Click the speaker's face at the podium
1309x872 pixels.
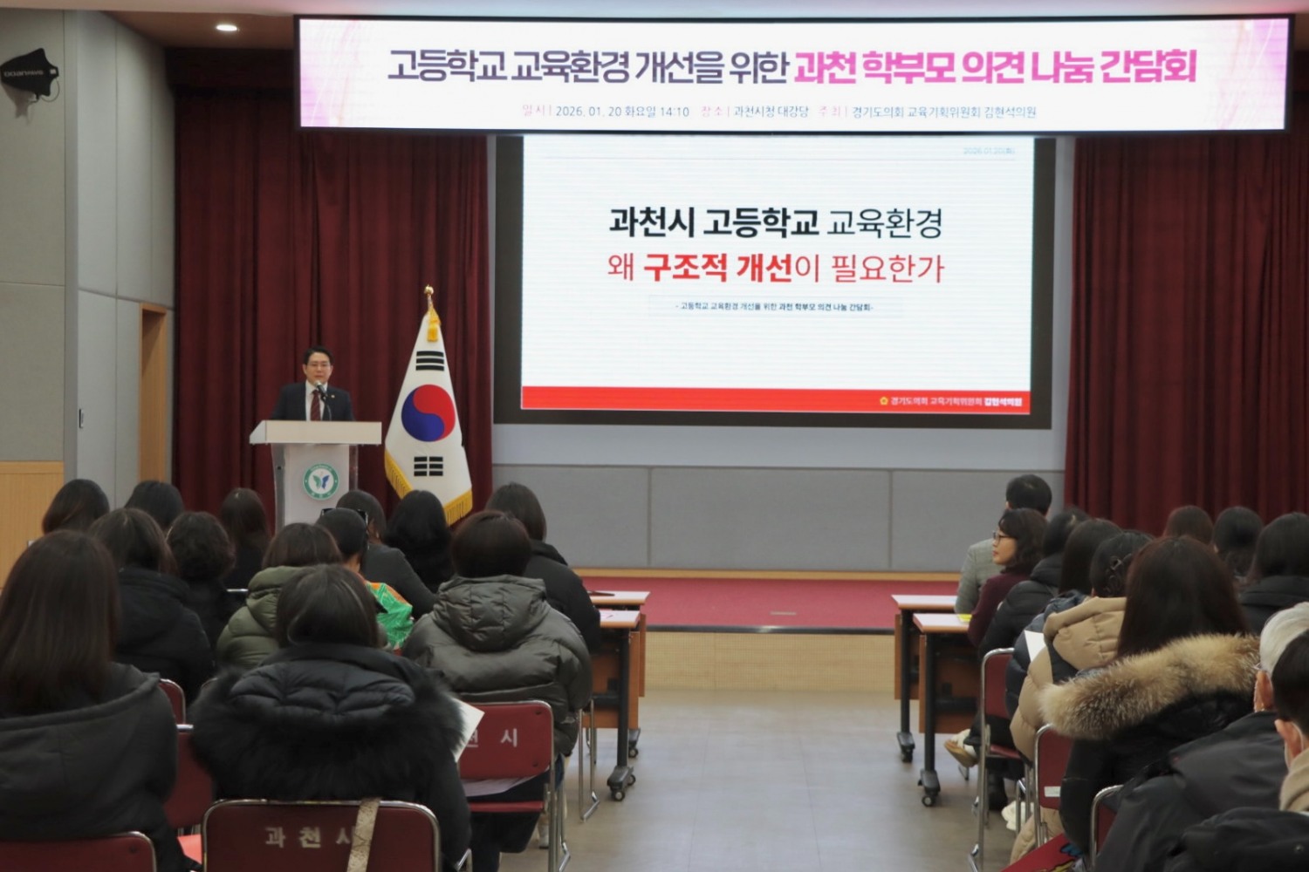(x=315, y=368)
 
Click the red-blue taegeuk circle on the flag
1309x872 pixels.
(x=428, y=412)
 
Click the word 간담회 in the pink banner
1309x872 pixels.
(x=1147, y=67)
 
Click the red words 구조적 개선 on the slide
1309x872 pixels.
(x=716, y=268)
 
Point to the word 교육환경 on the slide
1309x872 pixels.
(x=884, y=223)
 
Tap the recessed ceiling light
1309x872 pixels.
(x=227, y=27)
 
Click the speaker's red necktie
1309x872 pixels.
(x=316, y=405)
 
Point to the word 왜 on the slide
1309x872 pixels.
(x=621, y=268)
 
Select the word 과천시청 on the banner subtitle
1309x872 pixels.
(x=752, y=112)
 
